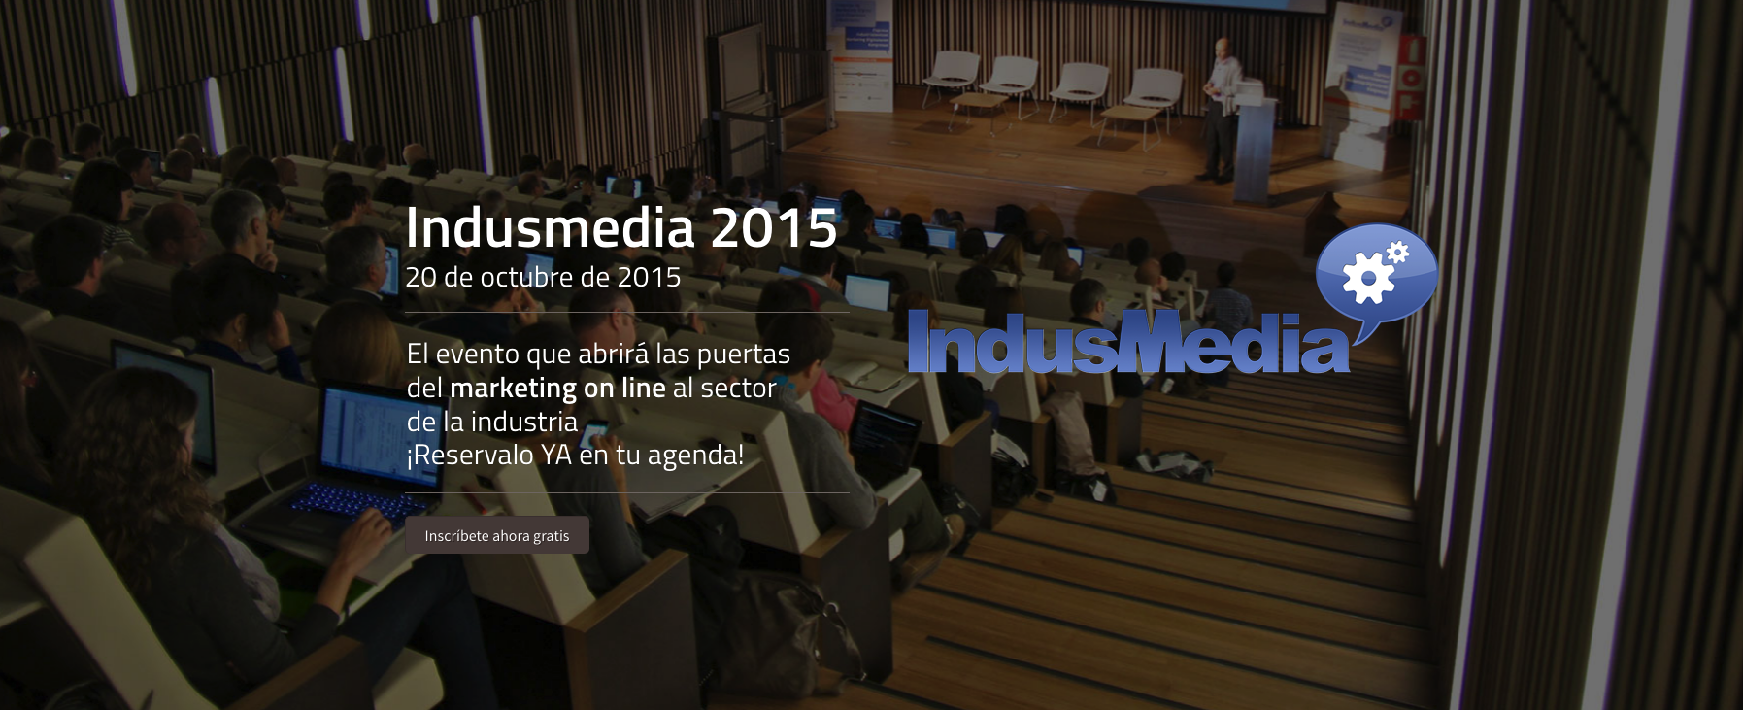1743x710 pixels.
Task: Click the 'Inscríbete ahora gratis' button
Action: pyautogui.click(x=496, y=535)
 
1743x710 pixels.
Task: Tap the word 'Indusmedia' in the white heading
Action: pyautogui.click(x=550, y=228)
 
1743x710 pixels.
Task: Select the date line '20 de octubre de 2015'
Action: pyautogui.click(x=543, y=277)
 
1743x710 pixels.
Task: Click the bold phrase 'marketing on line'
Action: pyautogui.click(x=557, y=388)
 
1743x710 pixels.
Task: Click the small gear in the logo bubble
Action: pyautogui.click(x=1397, y=253)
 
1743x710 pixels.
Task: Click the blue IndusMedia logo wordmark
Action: pyautogui.click(x=1126, y=342)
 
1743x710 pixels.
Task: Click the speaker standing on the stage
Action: pyautogui.click(x=1220, y=107)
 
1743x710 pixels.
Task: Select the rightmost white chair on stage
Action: pyautogui.click(x=1153, y=89)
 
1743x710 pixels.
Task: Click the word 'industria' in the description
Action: pyautogui.click(x=523, y=422)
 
